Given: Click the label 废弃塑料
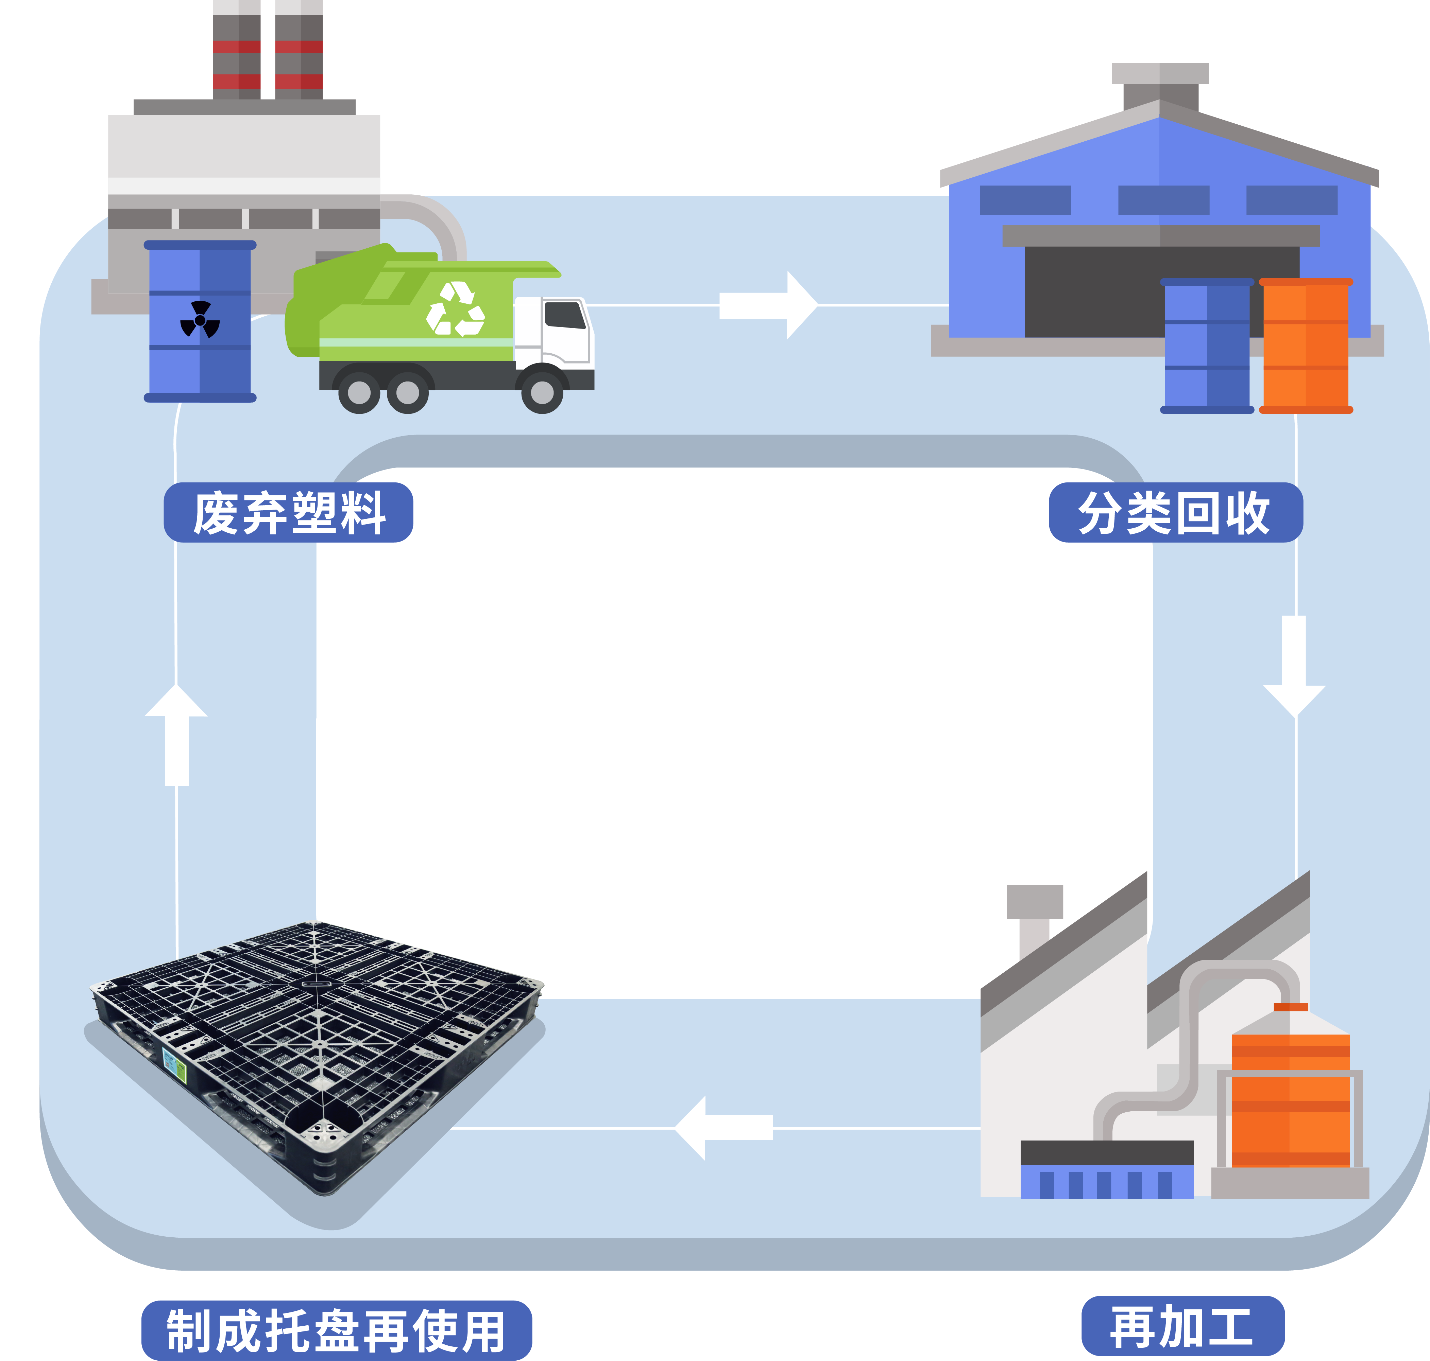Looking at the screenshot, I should click(x=288, y=512).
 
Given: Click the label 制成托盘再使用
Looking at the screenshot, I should click(x=336, y=1330).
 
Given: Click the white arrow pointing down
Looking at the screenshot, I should click(x=1294, y=664).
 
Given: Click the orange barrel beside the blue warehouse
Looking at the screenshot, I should click(x=1305, y=346).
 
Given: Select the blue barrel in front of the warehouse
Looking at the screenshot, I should click(x=1206, y=346).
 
